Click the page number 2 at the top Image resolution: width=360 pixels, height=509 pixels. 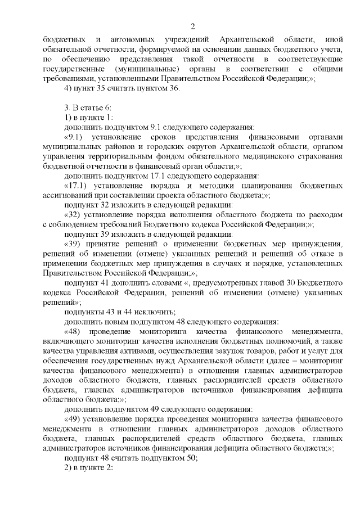click(x=192, y=26)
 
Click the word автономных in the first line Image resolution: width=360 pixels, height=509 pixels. click(x=129, y=40)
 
